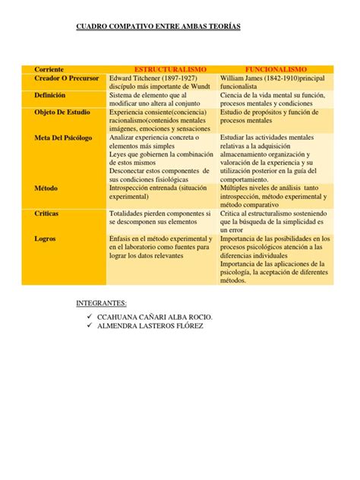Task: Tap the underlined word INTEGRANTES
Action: coord(111,302)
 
